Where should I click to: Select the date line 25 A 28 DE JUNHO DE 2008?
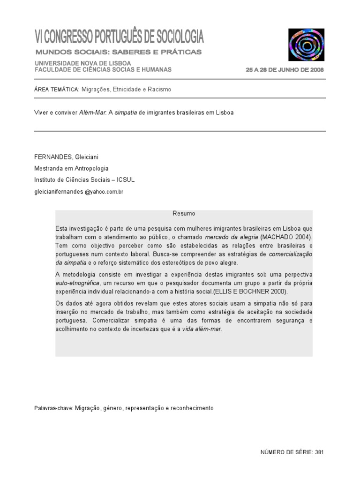pos(285,70)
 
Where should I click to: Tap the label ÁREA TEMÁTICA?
pos(56,89)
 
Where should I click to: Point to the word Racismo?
pos(160,89)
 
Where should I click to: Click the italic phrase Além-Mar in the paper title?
pos(93,113)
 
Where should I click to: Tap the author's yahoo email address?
pos(78,192)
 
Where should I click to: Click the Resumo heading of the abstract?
pos(184,214)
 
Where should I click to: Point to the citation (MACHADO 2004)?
pos(286,237)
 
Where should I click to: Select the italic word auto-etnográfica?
pos(77,284)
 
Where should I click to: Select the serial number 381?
pos(319,452)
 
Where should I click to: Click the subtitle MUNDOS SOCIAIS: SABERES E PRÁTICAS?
pos(119,52)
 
